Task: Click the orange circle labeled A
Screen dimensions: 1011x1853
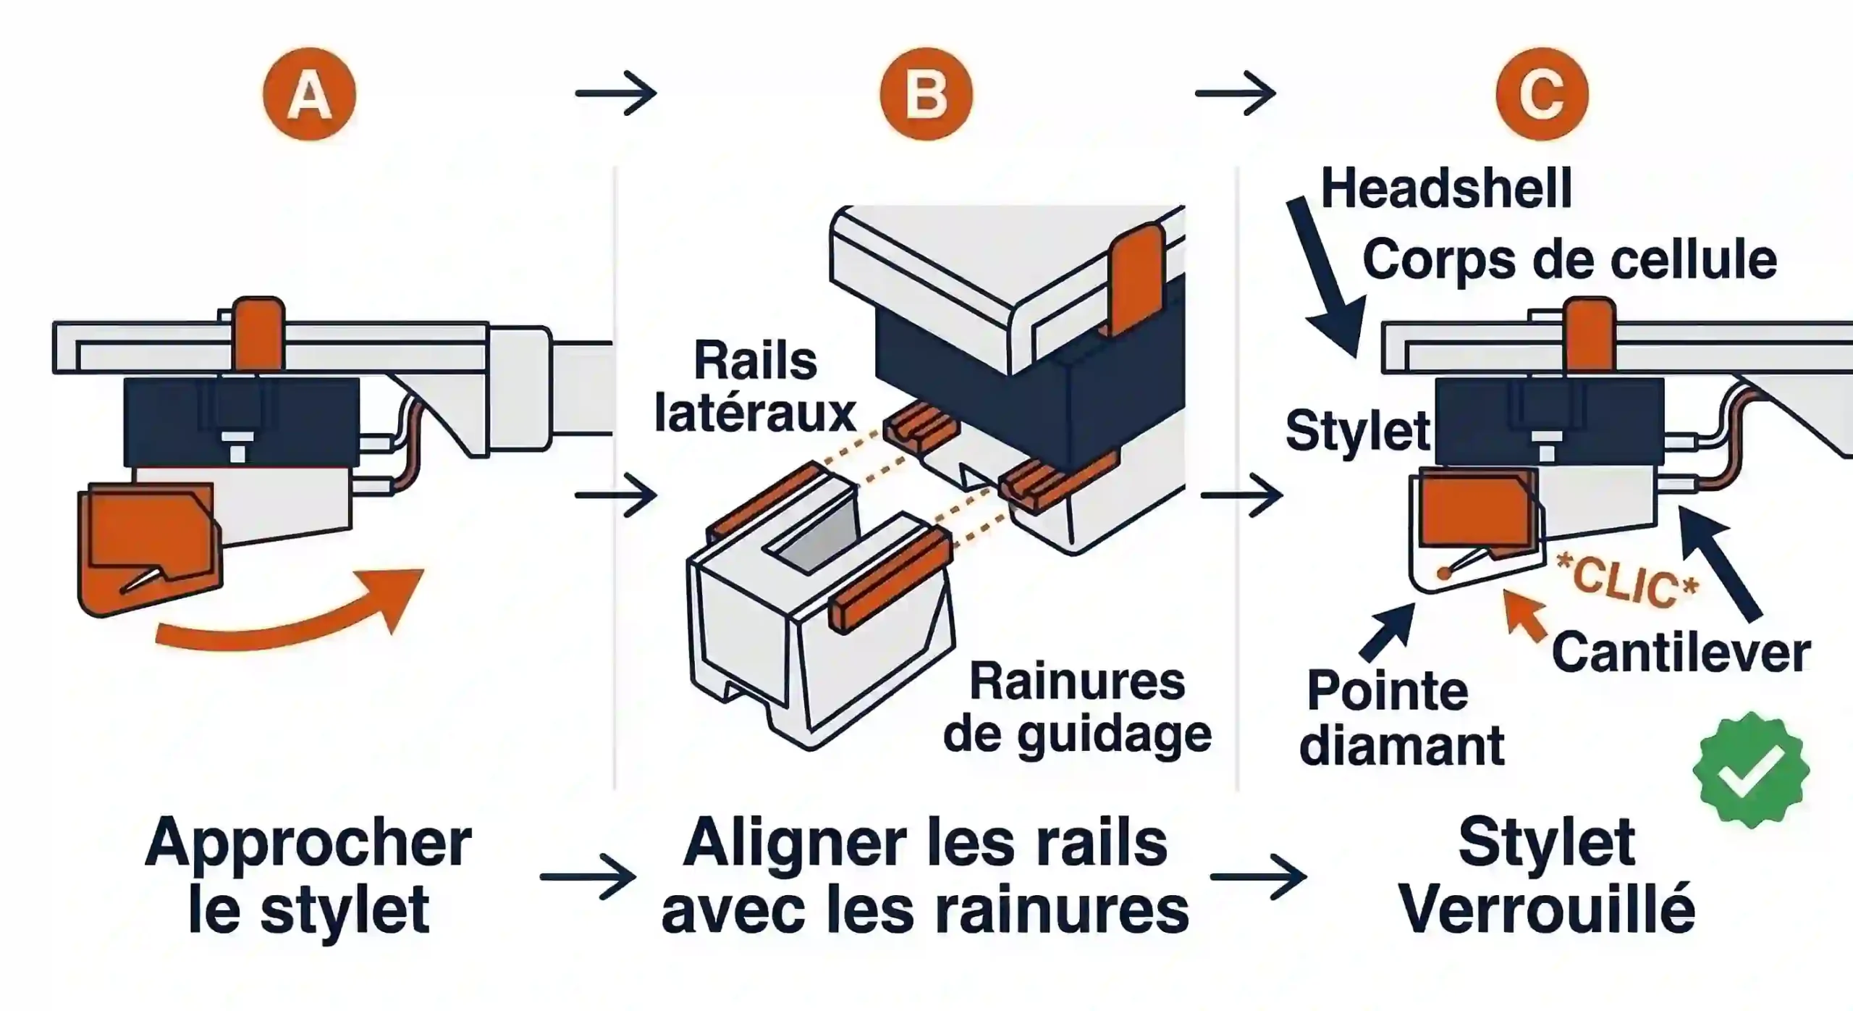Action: [309, 95]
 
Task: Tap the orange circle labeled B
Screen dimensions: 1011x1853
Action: [926, 95]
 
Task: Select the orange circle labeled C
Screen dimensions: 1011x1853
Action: [1542, 95]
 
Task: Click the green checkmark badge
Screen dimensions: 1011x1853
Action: [1750, 771]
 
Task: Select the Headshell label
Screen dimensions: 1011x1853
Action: [1446, 188]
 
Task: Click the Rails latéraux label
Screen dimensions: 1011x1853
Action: [755, 387]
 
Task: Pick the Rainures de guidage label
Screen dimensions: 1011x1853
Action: [1077, 708]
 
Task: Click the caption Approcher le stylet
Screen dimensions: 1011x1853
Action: [309, 876]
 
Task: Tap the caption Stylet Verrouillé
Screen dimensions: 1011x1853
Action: [1546, 876]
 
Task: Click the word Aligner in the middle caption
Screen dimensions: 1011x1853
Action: [796, 844]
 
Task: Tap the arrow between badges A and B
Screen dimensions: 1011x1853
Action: [616, 93]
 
